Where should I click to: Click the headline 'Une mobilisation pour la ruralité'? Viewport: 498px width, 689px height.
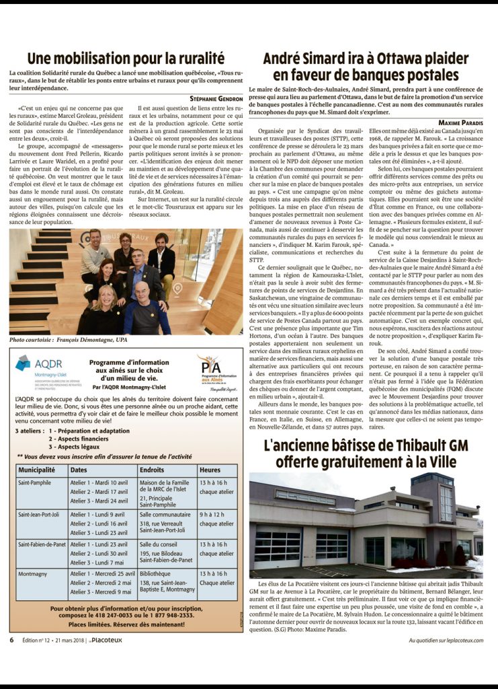pos(125,58)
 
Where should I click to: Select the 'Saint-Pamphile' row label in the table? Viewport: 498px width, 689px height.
pos(34,482)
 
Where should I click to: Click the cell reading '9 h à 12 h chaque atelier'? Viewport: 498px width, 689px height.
pos(216,519)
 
